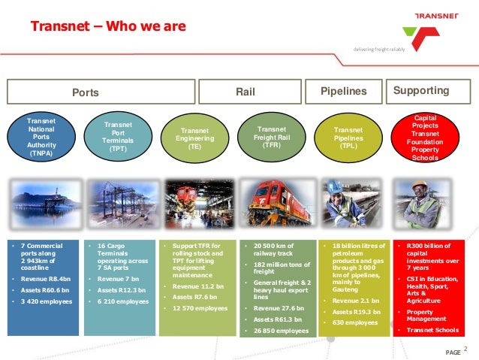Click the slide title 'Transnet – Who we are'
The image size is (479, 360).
click(107, 28)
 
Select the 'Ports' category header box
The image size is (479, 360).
click(85, 92)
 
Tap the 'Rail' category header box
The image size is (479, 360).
click(245, 92)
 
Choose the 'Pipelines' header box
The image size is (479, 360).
click(343, 92)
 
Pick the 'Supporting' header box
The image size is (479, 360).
click(421, 92)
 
